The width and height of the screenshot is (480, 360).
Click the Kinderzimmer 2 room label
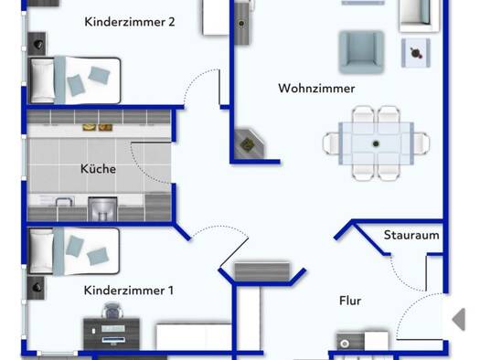click(130, 22)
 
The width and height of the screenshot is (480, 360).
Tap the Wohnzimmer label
click(316, 89)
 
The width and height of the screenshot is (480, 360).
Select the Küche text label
click(98, 168)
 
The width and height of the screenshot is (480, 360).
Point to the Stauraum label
click(411, 235)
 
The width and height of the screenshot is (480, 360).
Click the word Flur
click(350, 301)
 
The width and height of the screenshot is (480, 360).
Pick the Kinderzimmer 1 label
click(129, 291)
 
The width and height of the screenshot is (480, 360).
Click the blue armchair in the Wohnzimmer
click(361, 52)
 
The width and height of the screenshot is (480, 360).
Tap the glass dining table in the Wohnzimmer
click(376, 143)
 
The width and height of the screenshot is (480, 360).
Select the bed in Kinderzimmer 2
click(74, 80)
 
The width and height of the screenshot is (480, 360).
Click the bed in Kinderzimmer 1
click(74, 251)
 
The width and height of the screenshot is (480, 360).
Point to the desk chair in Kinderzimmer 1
click(112, 311)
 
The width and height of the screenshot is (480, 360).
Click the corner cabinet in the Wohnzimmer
click(249, 143)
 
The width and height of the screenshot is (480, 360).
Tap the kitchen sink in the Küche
click(65, 202)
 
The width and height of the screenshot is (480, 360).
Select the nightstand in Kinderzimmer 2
click(37, 44)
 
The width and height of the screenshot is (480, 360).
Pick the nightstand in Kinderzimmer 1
click(37, 288)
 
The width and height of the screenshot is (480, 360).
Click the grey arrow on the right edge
click(459, 319)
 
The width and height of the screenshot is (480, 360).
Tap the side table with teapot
click(416, 53)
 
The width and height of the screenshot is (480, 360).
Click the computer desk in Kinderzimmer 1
click(112, 334)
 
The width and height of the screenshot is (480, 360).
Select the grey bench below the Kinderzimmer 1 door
click(262, 271)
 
